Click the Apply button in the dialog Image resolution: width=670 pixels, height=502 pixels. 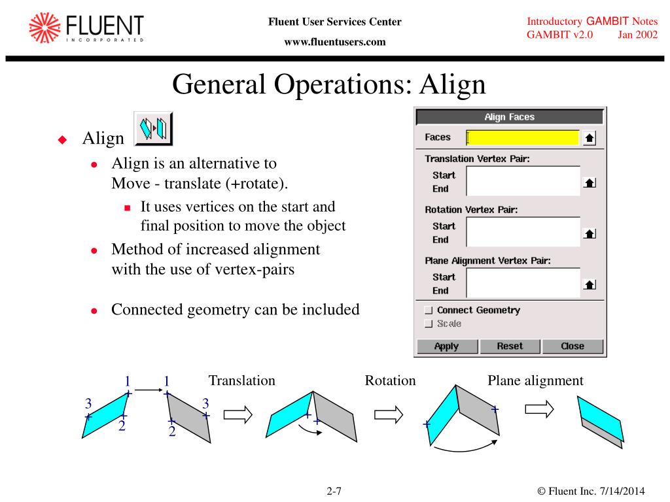(x=447, y=346)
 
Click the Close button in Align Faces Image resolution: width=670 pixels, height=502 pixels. (x=573, y=346)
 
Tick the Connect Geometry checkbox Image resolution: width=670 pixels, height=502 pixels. (x=429, y=310)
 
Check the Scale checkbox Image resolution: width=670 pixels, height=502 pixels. (x=429, y=324)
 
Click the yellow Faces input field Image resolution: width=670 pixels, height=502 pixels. (x=522, y=138)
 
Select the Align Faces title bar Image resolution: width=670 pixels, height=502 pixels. (x=510, y=117)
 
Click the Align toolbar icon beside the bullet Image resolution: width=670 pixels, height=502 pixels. (x=153, y=129)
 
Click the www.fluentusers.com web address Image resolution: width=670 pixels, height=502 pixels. (x=334, y=42)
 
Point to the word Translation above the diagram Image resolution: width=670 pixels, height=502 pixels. (x=241, y=380)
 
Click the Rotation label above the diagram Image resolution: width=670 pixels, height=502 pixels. (x=390, y=380)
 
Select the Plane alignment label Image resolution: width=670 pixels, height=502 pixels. (x=535, y=380)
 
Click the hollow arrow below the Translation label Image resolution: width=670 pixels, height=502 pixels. (x=238, y=414)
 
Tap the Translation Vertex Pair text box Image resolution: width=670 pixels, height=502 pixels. (x=522, y=181)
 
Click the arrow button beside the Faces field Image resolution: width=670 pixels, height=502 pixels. (x=589, y=139)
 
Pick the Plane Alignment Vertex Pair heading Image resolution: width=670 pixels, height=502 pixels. (x=487, y=261)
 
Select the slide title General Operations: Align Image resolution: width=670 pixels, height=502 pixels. (x=329, y=84)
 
